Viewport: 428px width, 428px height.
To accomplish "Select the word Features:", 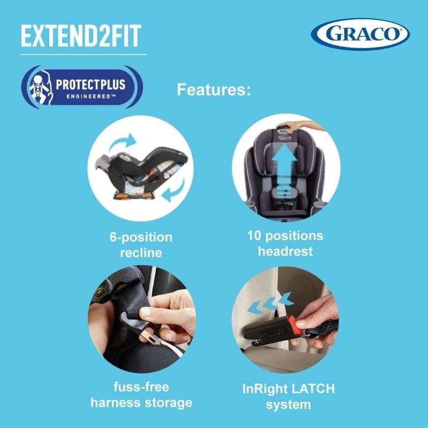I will coord(214,89).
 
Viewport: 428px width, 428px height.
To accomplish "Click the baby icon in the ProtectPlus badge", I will coord(38,86).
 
